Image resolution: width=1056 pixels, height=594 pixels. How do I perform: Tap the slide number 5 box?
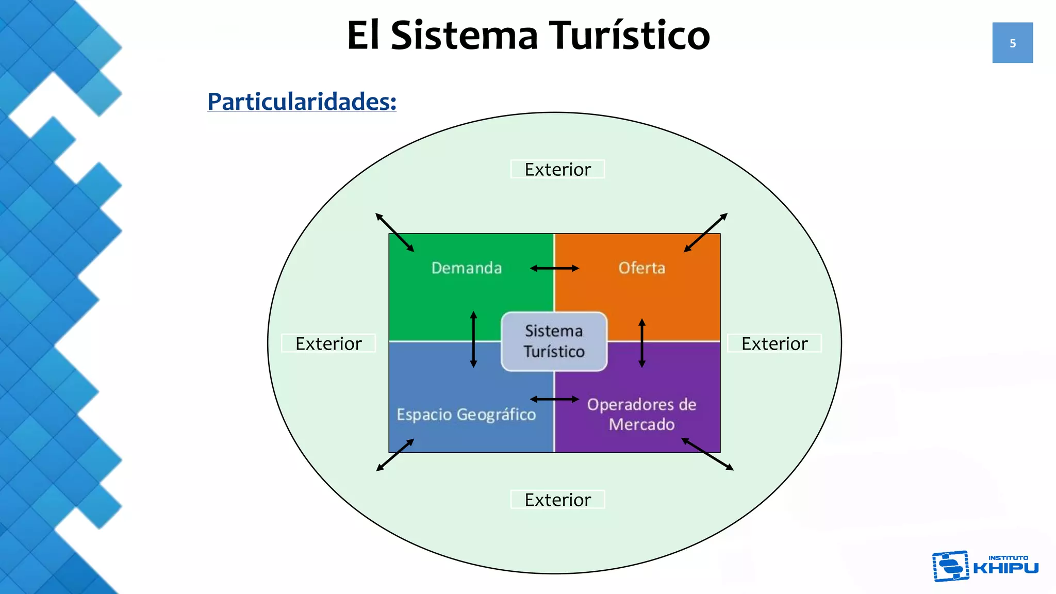coord(1013,43)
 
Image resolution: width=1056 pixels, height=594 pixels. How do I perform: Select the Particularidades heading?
coord(302,102)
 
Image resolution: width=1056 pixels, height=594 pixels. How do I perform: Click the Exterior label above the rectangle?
coord(557,169)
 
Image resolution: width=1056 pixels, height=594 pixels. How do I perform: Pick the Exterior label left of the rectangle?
coord(328,343)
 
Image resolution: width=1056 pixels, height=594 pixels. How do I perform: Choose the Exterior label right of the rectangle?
coord(774,343)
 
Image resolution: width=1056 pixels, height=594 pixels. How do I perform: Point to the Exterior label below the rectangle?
coord(557,500)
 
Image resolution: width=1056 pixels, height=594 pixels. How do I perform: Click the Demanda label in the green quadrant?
coord(467,268)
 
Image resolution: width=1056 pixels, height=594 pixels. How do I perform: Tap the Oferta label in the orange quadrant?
coord(642,268)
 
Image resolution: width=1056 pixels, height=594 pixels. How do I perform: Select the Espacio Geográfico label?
coord(466,415)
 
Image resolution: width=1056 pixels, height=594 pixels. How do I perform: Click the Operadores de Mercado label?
coord(642,414)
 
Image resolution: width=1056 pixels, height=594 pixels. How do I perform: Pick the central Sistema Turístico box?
coord(554,341)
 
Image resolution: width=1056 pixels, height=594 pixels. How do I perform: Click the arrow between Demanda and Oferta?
coord(555,268)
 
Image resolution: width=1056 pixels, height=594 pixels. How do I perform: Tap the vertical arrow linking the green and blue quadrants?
coord(473,339)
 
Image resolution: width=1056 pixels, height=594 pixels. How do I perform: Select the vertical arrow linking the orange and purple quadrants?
coord(642,343)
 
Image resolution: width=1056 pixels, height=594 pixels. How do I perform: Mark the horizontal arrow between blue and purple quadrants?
coord(555,399)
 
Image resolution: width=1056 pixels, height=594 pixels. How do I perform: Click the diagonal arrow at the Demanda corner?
coord(395,233)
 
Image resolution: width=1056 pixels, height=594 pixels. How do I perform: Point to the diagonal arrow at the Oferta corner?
coord(705,233)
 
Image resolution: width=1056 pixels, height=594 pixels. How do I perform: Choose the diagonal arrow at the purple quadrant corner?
coord(707,454)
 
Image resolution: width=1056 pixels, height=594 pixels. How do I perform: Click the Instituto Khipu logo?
coord(985,566)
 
